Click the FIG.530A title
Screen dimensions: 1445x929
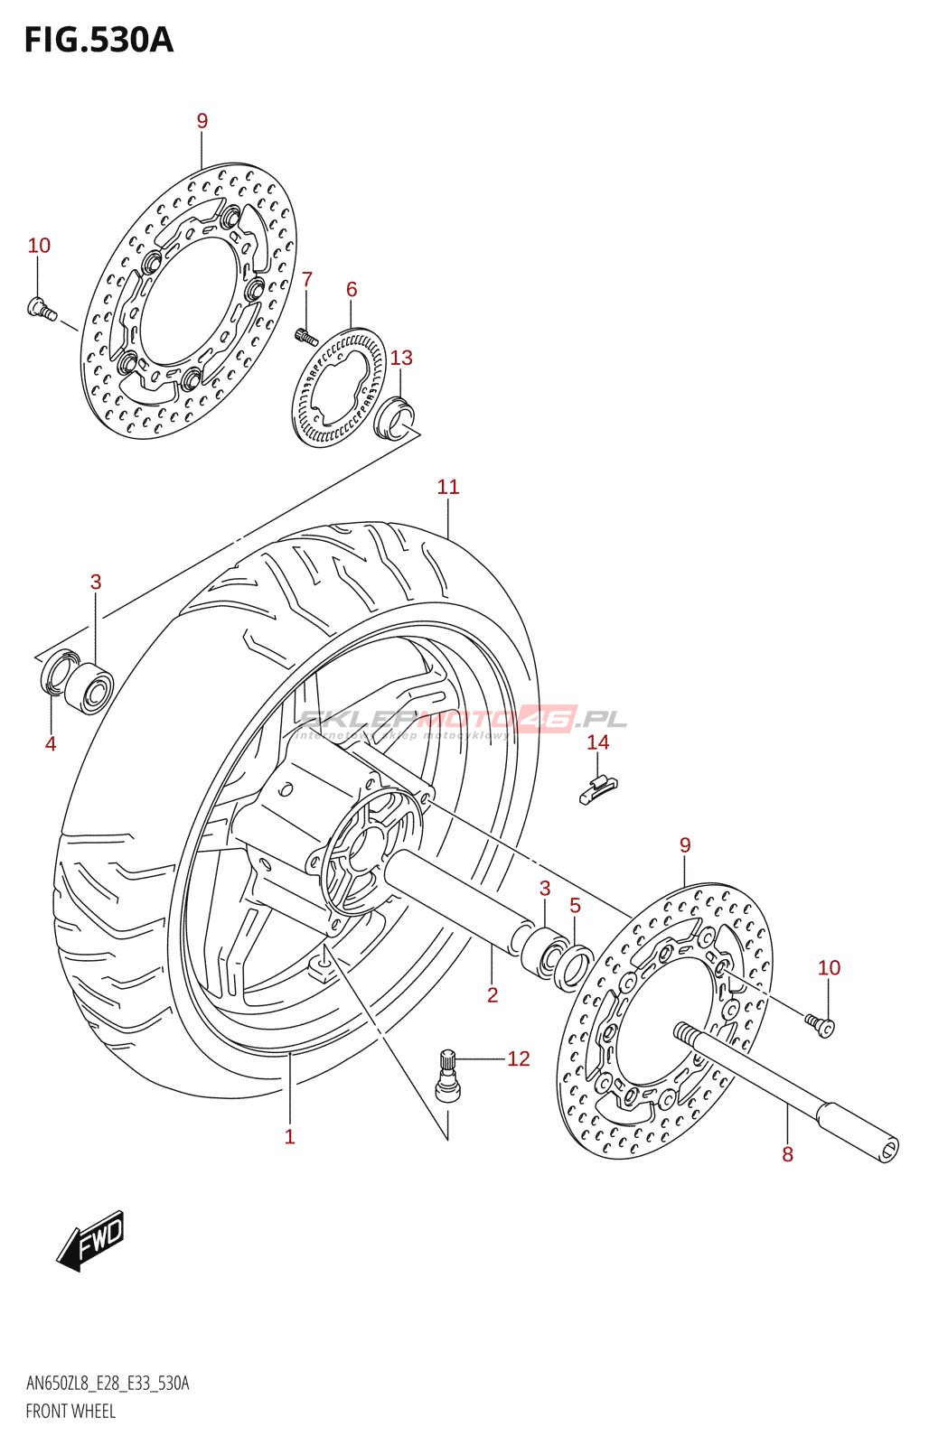click(99, 41)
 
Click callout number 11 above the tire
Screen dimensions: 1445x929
click(448, 488)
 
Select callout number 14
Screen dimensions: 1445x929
click(597, 742)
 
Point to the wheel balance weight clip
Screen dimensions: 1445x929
click(597, 789)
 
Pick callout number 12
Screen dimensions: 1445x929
click(518, 1058)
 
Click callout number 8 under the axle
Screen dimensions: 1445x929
click(787, 1154)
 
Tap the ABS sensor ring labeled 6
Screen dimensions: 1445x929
click(339, 388)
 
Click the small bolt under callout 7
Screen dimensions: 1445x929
click(305, 338)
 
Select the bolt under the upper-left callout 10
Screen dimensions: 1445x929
click(42, 309)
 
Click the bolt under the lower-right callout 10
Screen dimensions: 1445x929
click(821, 1024)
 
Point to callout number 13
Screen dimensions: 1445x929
click(401, 359)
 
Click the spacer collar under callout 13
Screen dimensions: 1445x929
click(395, 417)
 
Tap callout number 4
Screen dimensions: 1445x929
click(51, 744)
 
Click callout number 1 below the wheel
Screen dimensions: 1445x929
click(289, 1137)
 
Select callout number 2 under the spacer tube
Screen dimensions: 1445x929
click(493, 995)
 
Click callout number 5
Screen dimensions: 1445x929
click(575, 906)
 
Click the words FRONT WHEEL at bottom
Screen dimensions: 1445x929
click(70, 1411)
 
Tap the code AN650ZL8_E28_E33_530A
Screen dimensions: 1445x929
click(108, 1384)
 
